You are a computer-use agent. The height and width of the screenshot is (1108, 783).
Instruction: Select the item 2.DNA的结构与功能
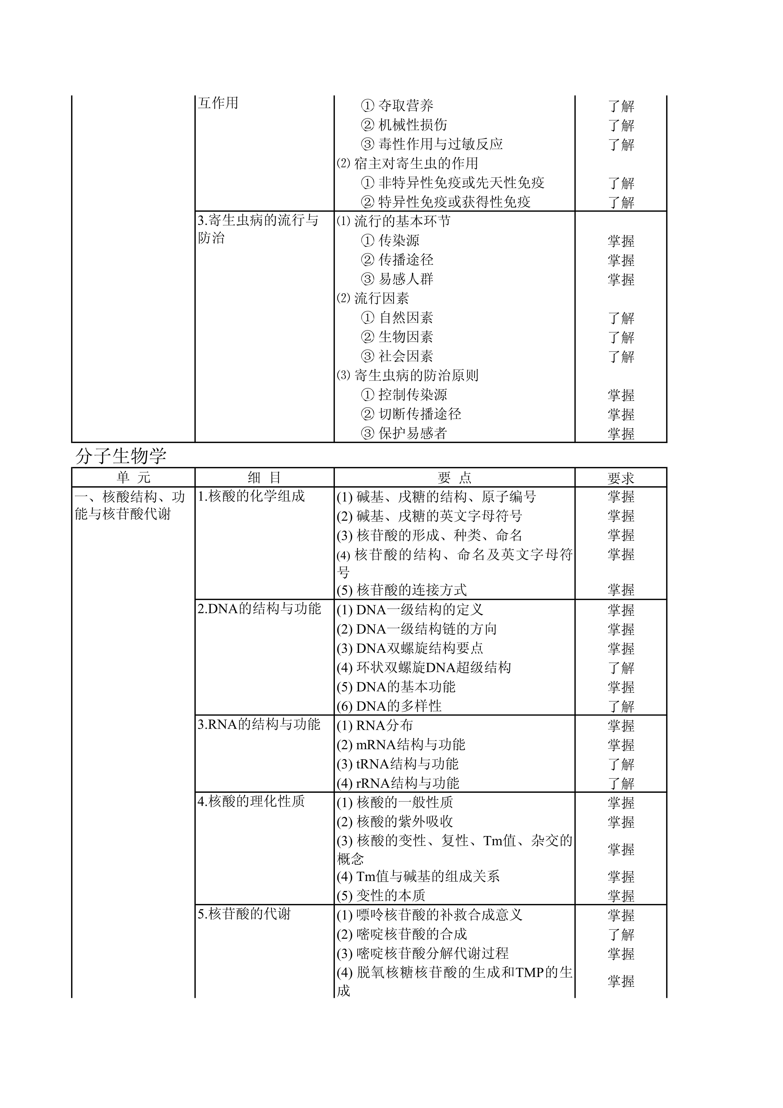pos(259,609)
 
